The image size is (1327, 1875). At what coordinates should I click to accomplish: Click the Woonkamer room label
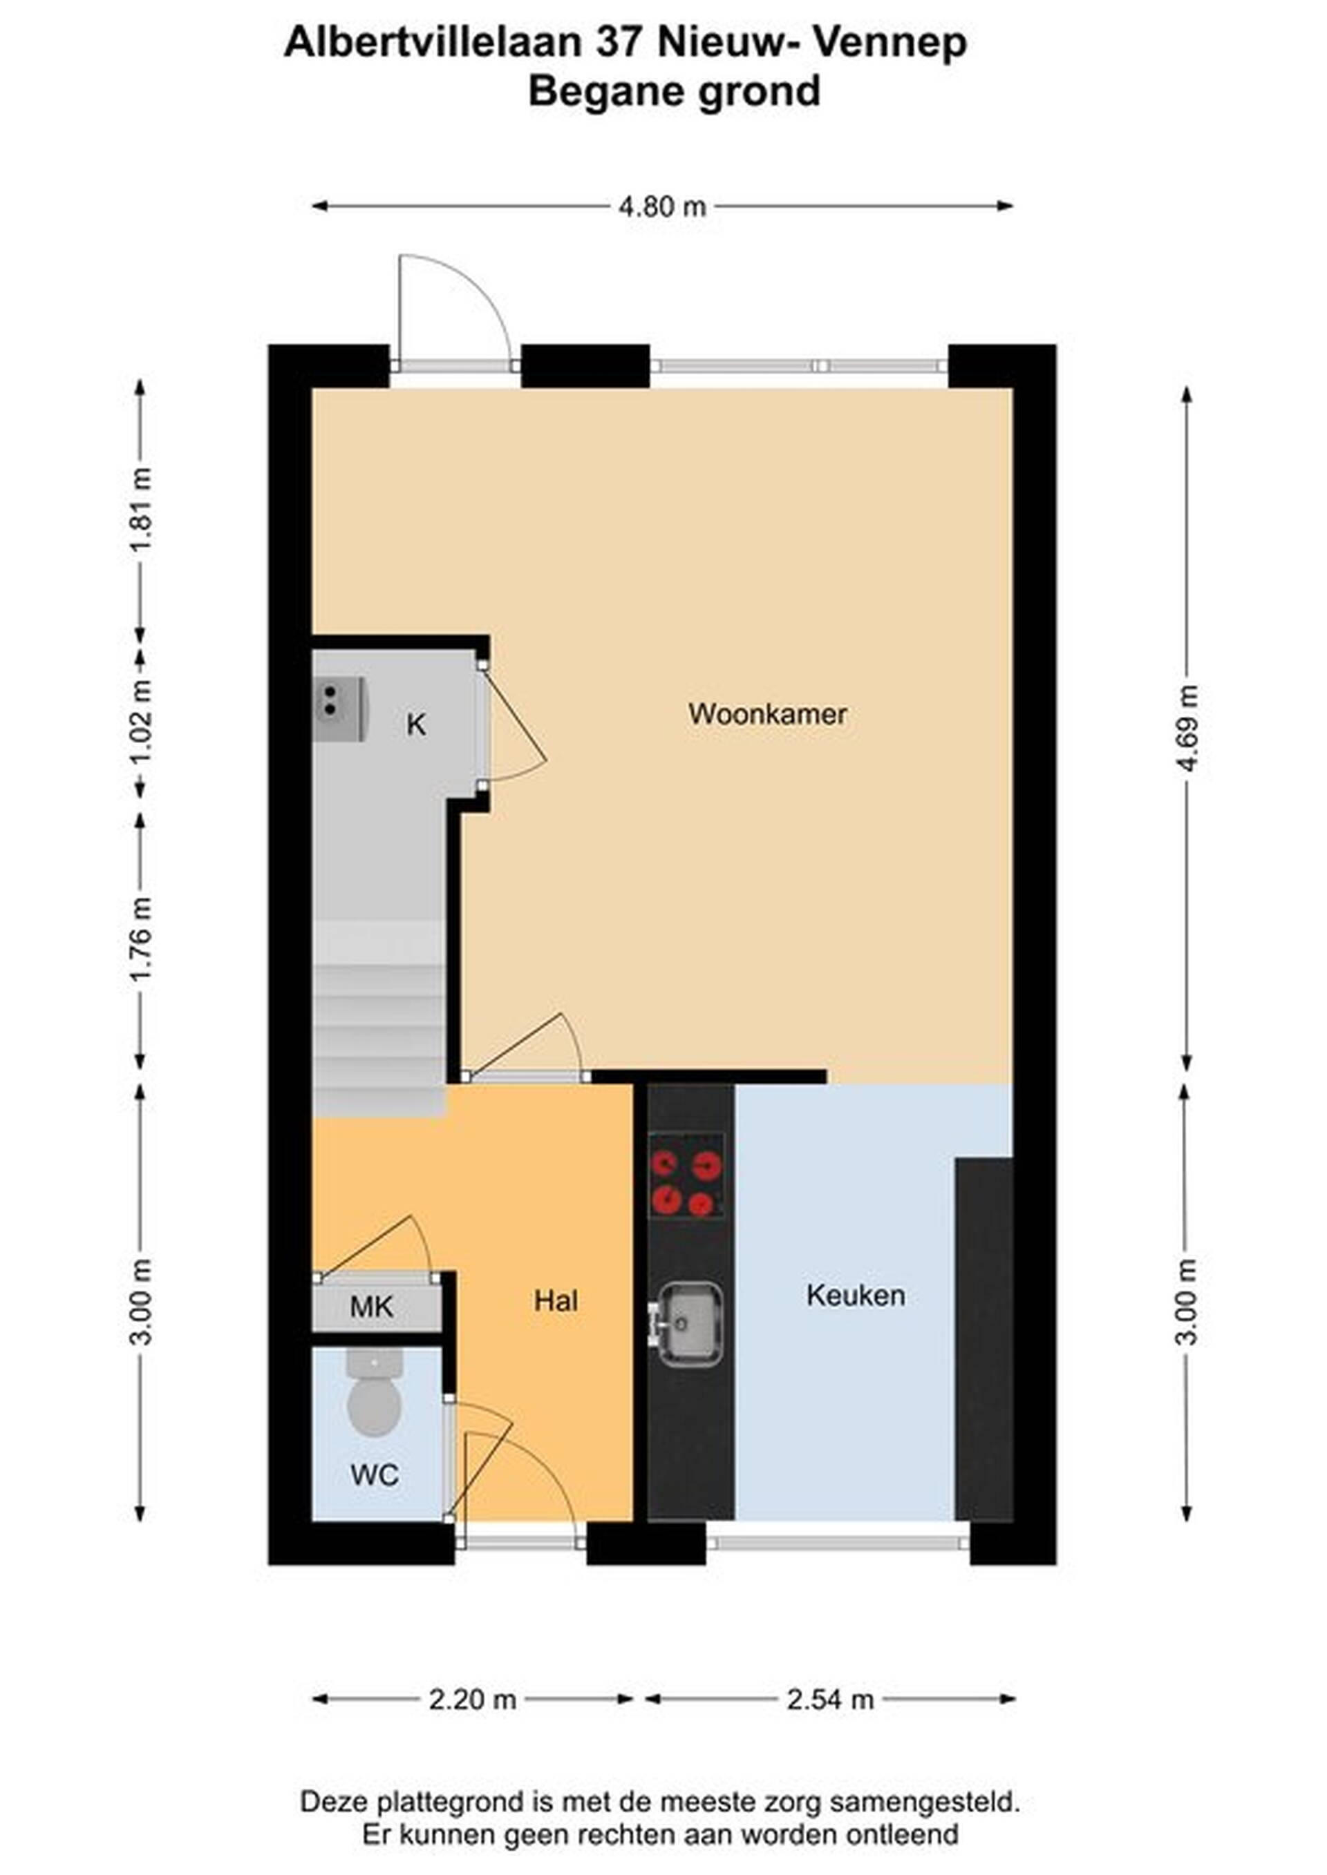pos(767,715)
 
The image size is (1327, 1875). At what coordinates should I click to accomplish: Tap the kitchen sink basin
pos(690,1324)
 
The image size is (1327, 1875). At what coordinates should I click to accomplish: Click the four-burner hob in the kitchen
pos(686,1176)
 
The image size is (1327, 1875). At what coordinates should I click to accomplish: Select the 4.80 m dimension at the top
pos(662,206)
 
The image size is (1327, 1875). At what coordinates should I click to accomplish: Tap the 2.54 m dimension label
pos(830,1700)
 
